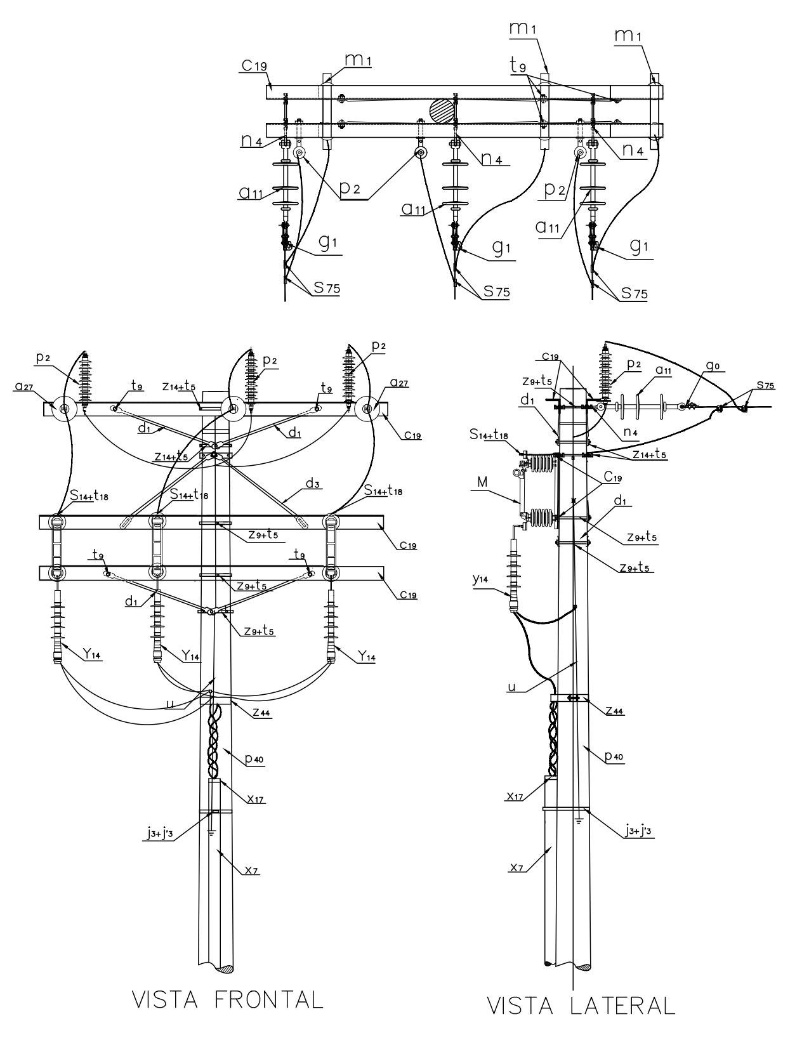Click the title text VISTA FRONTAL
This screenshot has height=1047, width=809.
[227, 1000]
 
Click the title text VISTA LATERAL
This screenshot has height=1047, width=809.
[581, 1006]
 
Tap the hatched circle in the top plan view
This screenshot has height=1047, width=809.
[442, 112]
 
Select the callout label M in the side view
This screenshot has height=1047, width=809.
[483, 482]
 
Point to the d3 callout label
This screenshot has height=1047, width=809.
[313, 484]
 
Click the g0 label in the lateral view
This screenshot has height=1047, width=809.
[713, 365]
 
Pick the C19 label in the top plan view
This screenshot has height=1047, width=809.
[254, 65]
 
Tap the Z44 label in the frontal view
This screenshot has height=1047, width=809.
[262, 712]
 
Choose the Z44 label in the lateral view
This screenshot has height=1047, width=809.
[615, 710]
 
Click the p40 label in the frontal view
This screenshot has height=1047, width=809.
[254, 759]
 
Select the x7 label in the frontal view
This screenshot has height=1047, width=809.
[251, 870]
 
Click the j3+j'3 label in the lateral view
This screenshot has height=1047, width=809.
[638, 830]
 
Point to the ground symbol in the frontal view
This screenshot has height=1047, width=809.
[211, 832]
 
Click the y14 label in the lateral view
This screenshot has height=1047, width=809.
[480, 579]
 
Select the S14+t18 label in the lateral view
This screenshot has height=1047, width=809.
[489, 435]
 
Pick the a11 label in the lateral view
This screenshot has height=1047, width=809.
[663, 371]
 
